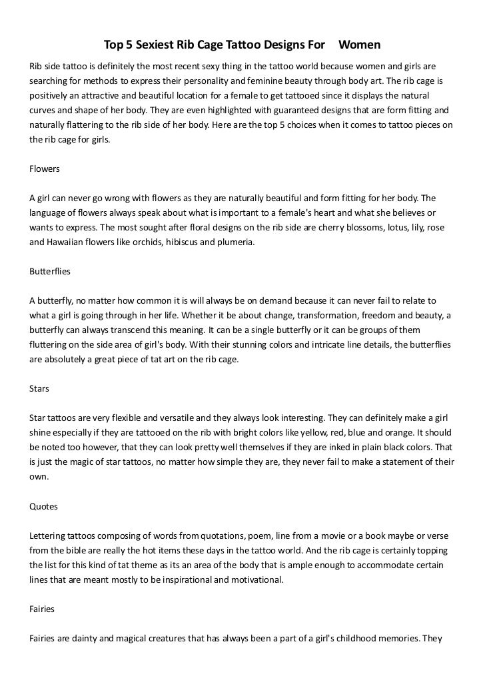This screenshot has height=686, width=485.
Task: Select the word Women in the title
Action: [x=360, y=45]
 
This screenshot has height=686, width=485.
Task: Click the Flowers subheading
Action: [x=45, y=169]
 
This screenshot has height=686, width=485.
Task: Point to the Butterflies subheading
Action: [x=50, y=272]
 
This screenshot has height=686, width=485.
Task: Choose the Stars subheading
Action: [x=40, y=389]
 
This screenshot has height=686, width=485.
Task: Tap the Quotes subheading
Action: [x=44, y=506]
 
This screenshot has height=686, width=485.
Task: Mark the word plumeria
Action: [x=233, y=242]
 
